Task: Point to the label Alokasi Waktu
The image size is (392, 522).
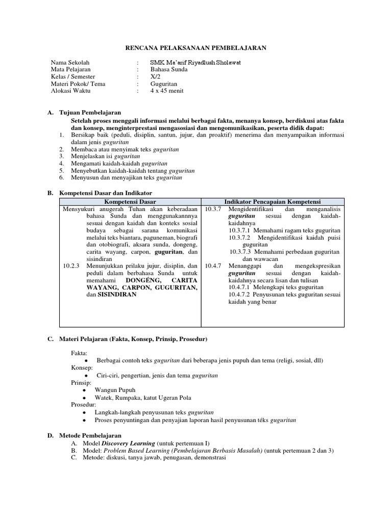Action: tap(71, 91)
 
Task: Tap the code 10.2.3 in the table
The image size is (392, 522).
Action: tap(71, 266)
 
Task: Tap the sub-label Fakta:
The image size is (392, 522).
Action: tap(79, 353)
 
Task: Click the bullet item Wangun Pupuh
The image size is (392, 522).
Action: tap(114, 389)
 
